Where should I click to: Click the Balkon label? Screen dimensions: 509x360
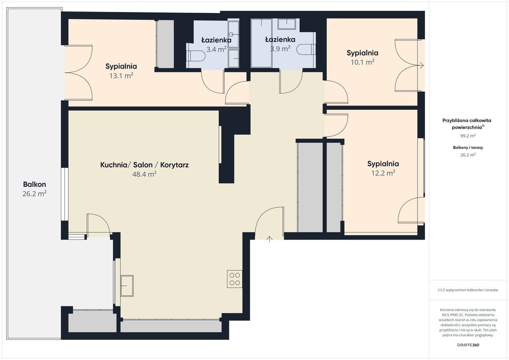point(35,184)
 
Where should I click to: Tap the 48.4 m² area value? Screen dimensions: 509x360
point(144,174)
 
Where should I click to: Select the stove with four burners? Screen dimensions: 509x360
point(235,279)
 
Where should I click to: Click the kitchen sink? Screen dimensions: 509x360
point(127,286)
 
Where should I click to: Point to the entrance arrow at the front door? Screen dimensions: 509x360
point(269,239)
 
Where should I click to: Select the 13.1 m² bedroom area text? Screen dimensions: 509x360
point(121,76)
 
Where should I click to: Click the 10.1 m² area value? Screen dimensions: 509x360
point(362,62)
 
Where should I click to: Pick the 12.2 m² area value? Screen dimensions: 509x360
point(383,173)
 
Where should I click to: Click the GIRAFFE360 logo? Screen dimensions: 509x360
point(468,345)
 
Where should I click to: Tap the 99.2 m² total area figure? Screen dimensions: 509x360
point(468,136)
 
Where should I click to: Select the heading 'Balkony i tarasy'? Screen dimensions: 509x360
point(468,147)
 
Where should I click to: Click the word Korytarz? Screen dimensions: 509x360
point(174,165)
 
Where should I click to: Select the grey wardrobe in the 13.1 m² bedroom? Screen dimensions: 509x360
point(165,44)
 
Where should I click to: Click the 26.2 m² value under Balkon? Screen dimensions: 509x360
point(35,194)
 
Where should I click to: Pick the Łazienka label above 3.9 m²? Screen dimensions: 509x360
point(280,39)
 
